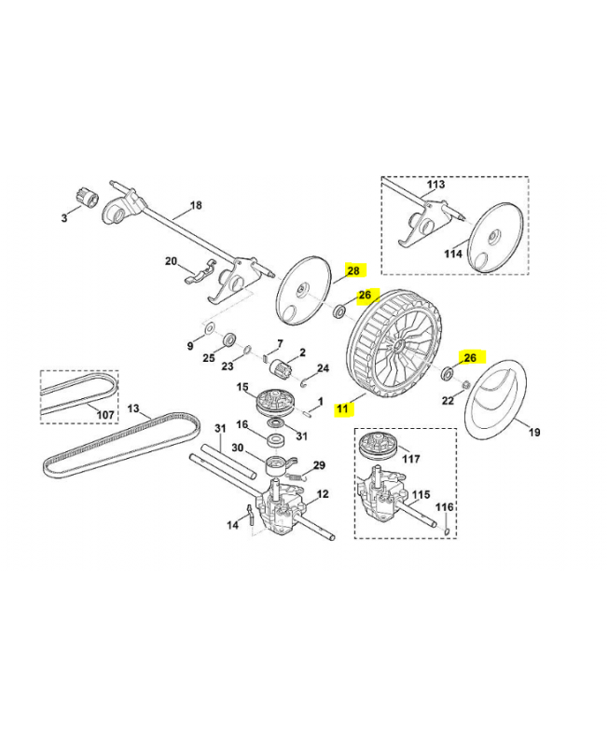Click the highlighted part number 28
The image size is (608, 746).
point(353,270)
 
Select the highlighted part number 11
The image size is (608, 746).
point(343,408)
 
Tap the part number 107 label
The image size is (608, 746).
point(105,414)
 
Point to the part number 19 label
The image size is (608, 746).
point(534,433)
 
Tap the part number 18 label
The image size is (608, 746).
point(196,205)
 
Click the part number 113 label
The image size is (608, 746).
point(435,185)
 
